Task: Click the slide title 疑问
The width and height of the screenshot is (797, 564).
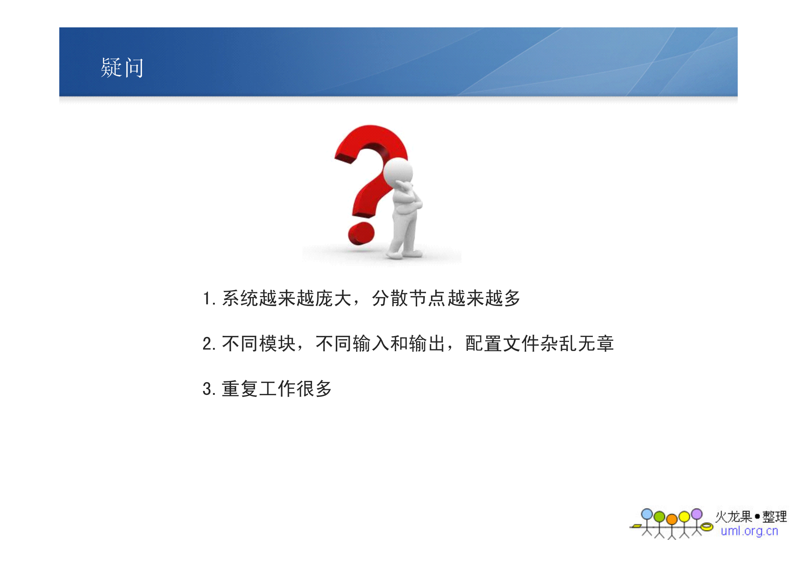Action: click(122, 68)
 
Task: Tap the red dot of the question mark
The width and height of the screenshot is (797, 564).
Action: click(361, 233)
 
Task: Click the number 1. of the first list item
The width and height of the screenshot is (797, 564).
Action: click(209, 298)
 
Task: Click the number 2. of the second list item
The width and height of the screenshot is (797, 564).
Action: click(209, 344)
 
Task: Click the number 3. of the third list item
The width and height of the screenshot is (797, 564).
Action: click(209, 389)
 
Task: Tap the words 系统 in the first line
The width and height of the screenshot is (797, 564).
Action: click(240, 298)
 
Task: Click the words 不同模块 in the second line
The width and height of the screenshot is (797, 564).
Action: click(259, 344)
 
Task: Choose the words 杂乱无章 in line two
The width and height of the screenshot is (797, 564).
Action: click(577, 344)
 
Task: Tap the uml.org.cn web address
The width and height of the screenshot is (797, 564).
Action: click(749, 531)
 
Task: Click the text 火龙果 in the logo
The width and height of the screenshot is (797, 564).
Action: click(733, 517)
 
